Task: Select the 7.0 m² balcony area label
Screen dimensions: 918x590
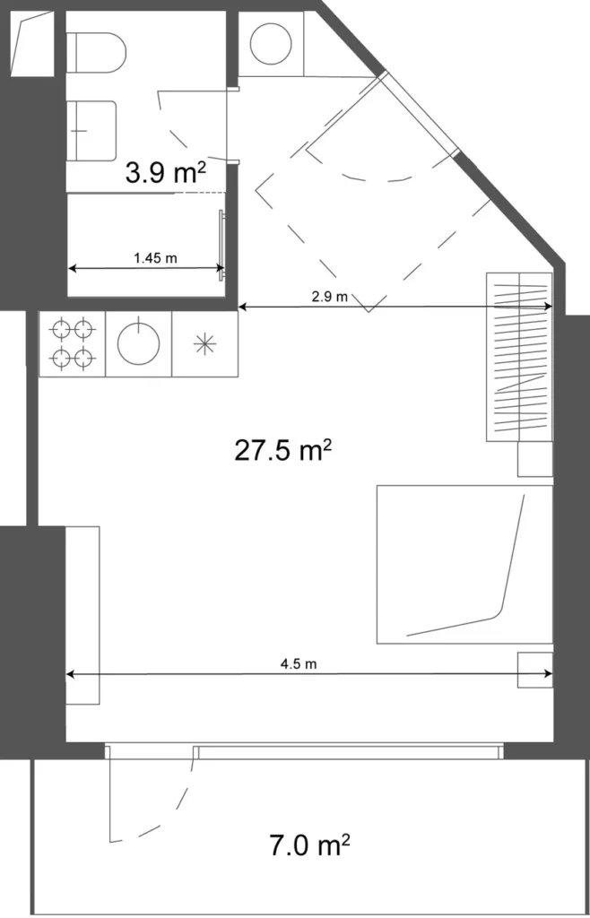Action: tap(308, 844)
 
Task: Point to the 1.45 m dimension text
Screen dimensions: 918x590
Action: tap(155, 258)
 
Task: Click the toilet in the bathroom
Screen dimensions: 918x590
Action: tap(95, 53)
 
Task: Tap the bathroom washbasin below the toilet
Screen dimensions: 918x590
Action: tap(93, 130)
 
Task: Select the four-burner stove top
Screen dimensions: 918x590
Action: tap(73, 343)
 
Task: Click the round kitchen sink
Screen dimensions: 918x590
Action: tap(139, 343)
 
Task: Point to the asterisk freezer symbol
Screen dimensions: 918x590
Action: tap(205, 343)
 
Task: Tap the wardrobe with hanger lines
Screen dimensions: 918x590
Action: tap(519, 356)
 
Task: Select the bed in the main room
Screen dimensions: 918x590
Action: tap(464, 564)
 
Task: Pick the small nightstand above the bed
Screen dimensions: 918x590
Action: tap(535, 459)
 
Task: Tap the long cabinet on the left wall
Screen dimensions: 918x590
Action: tap(82, 615)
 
